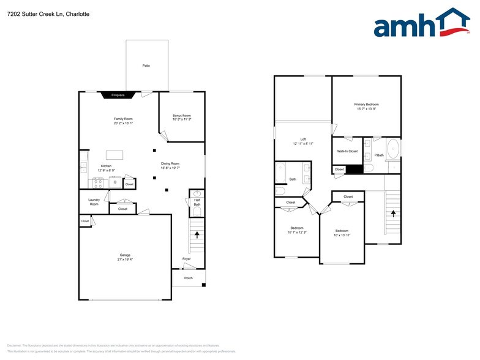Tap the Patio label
pyautogui.click(x=146, y=66)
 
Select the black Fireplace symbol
pyautogui.click(x=117, y=95)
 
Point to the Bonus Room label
pyautogui.click(x=181, y=116)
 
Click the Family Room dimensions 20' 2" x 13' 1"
pyautogui.click(x=123, y=123)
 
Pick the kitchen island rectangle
pyautogui.click(x=114, y=154)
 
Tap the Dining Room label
pyautogui.click(x=170, y=163)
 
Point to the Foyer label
pyautogui.click(x=186, y=259)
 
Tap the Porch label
pyautogui.click(x=189, y=278)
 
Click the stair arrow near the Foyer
pyautogui.click(x=197, y=233)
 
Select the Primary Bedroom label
pyautogui.click(x=366, y=105)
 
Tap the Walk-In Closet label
pyautogui.click(x=347, y=151)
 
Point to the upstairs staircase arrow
pyautogui.click(x=392, y=213)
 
